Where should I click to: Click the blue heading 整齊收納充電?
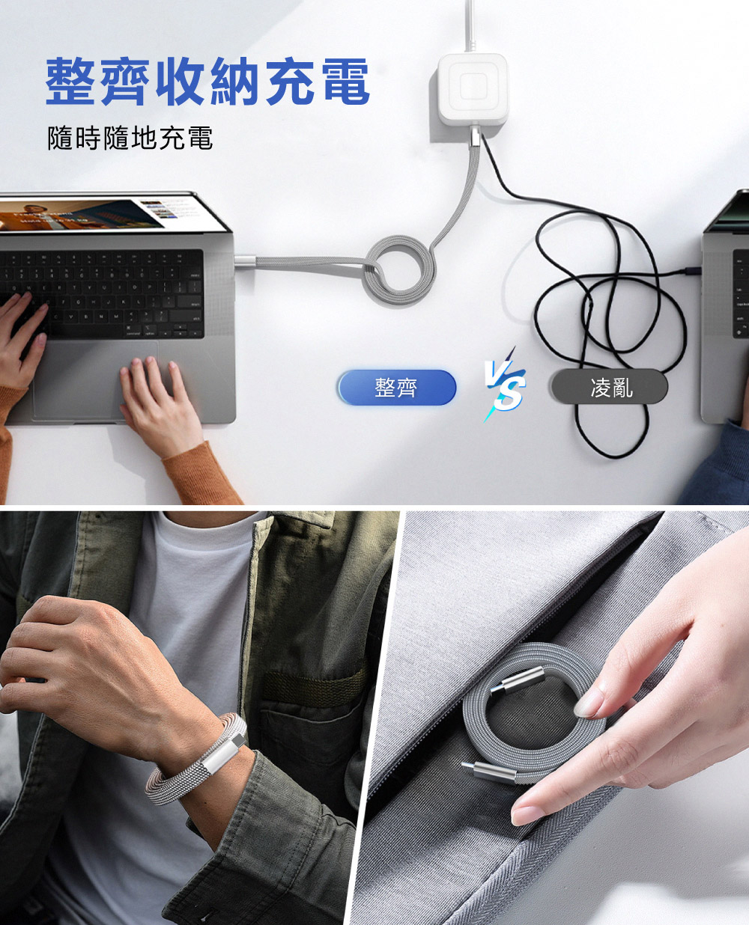click(x=207, y=82)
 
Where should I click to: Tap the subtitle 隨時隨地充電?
click(x=130, y=138)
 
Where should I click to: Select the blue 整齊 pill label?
click(x=397, y=388)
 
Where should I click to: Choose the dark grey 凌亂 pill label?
click(x=610, y=386)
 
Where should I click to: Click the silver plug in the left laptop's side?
click(x=245, y=261)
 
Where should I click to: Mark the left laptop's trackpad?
click(x=97, y=381)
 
